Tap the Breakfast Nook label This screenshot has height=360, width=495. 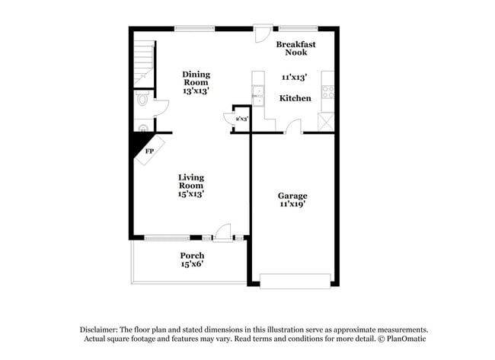[x=295, y=48]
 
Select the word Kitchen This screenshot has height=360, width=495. [x=295, y=99]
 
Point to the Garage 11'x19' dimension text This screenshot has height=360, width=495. [x=293, y=205]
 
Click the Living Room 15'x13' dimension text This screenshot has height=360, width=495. [x=191, y=194]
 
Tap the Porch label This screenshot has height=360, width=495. [x=191, y=255]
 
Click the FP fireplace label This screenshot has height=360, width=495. [x=149, y=151]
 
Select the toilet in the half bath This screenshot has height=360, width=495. [x=142, y=100]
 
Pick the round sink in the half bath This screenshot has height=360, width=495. [x=142, y=128]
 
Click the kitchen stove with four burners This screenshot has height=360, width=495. [x=328, y=92]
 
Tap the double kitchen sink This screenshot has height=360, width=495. [x=257, y=96]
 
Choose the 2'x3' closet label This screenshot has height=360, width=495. [x=242, y=119]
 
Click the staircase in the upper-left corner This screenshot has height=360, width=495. [x=144, y=62]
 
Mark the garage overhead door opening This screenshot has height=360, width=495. [x=295, y=279]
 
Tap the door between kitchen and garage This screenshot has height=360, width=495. [x=294, y=128]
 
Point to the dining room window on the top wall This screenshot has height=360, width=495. [x=194, y=29]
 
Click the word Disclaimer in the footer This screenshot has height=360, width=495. [x=101, y=329]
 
